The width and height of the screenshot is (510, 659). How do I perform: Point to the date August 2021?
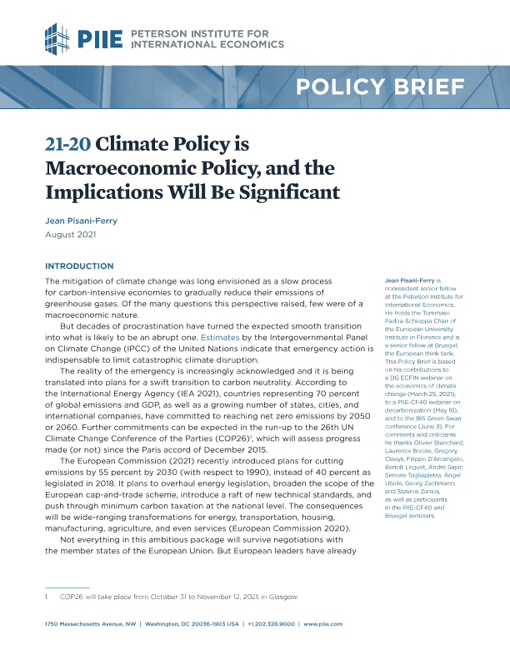coord(71,235)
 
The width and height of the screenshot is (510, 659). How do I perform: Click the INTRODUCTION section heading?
coord(78,266)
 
